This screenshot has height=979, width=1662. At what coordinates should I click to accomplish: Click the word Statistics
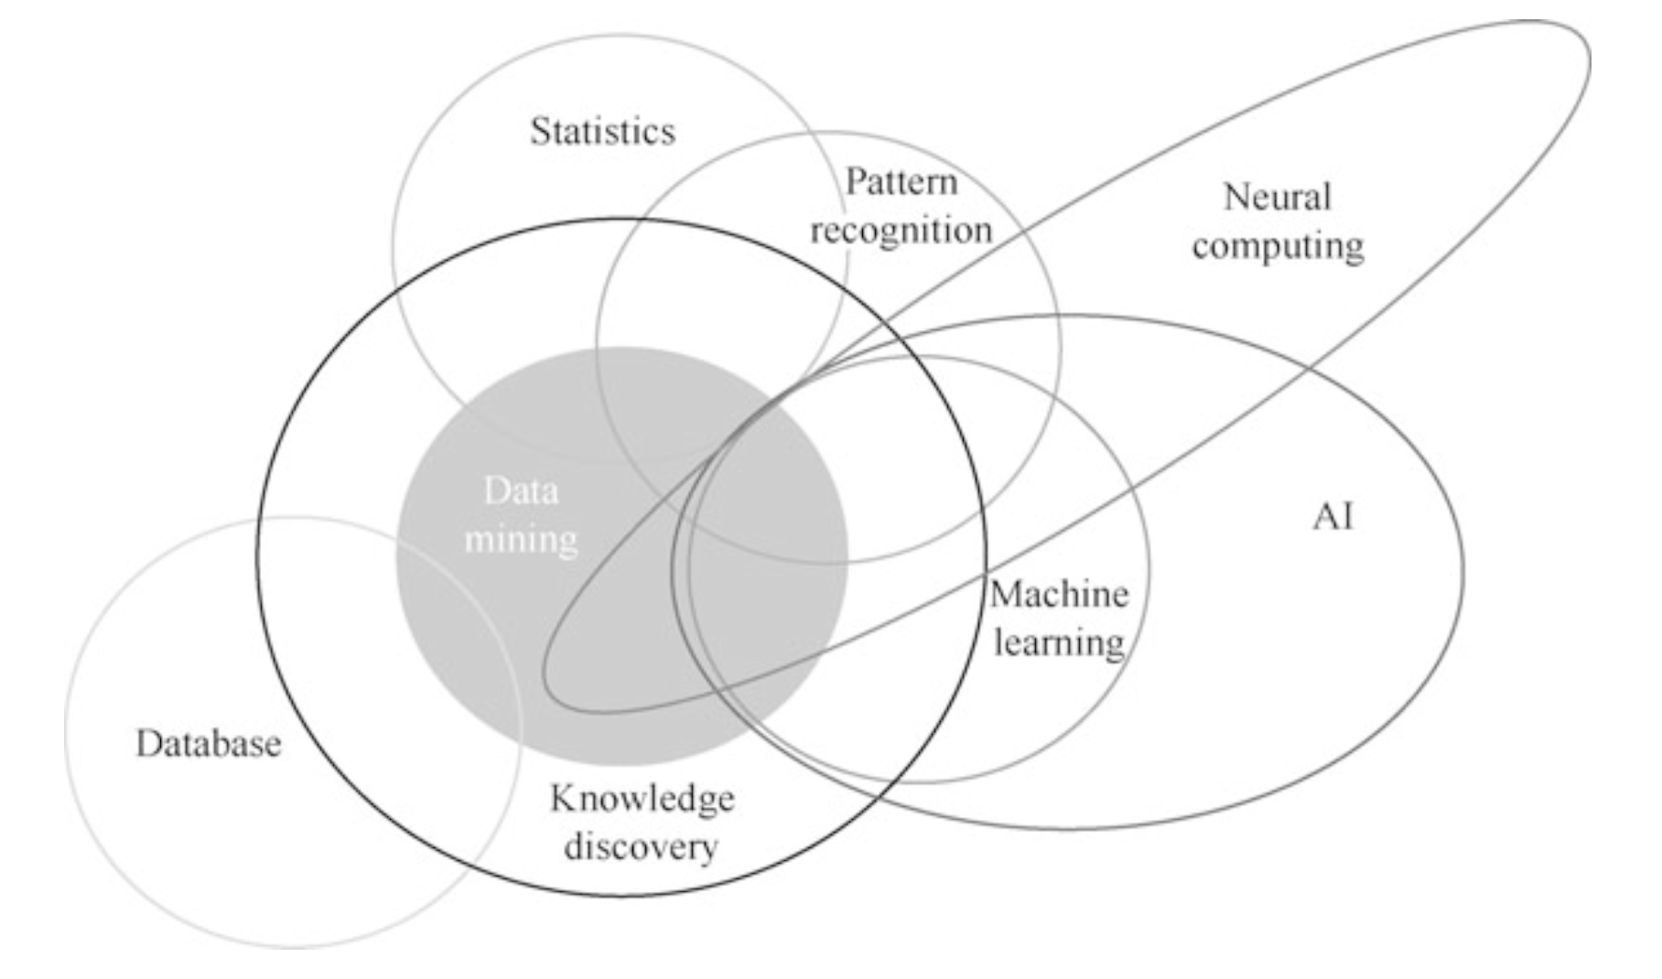[602, 132]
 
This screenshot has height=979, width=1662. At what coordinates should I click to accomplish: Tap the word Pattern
[901, 181]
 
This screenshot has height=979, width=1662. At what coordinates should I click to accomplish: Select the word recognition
[901, 231]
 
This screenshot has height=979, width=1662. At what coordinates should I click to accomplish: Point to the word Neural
[1277, 197]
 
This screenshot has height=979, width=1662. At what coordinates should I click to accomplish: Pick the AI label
[1333, 518]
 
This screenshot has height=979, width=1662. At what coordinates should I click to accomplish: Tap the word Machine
[1059, 596]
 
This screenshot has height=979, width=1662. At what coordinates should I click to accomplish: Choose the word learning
[1059, 643]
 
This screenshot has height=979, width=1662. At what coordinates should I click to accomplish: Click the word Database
[209, 744]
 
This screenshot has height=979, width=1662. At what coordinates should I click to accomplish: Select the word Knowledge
[642, 799]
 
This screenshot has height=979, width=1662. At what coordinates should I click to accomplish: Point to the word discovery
[641, 846]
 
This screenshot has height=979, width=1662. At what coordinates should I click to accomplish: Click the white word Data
[521, 491]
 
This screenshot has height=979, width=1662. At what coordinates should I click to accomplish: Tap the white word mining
[521, 539]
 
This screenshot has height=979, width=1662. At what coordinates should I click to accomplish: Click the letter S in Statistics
[540, 132]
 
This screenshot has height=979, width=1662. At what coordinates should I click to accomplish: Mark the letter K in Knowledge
[562, 798]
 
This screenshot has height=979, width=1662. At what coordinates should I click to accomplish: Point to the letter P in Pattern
[854, 181]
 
